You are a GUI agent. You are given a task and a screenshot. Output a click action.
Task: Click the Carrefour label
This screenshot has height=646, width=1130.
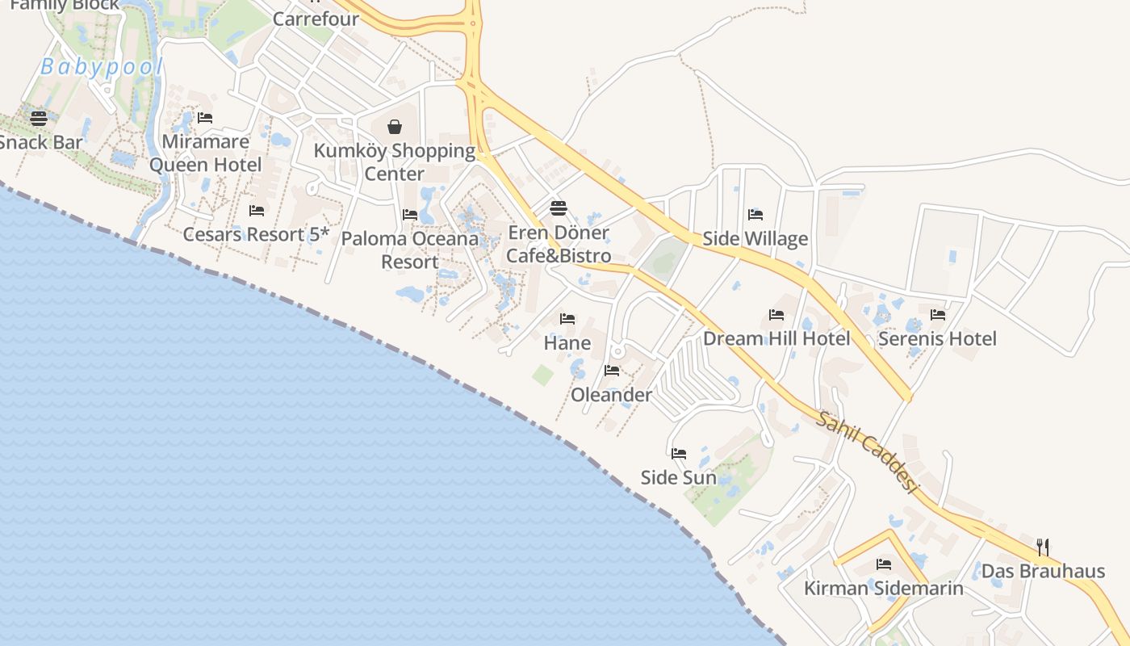pyautogui.click(x=316, y=18)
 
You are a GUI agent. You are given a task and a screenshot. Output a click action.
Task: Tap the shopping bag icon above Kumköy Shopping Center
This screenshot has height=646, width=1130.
pyautogui.click(x=395, y=126)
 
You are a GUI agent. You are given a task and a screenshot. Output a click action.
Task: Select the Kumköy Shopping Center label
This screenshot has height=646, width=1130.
pyautogui.click(x=395, y=161)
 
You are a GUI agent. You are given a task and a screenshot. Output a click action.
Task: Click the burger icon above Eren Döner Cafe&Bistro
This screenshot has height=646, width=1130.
pyautogui.click(x=558, y=208)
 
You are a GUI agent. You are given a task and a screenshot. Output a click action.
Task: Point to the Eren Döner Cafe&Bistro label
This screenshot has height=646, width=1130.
pyautogui.click(x=558, y=244)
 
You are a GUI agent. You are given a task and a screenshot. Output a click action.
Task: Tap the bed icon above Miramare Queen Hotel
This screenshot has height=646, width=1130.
pyautogui.click(x=205, y=118)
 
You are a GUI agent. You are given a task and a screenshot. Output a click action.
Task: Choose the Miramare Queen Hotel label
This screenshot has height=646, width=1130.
pyautogui.click(x=206, y=153)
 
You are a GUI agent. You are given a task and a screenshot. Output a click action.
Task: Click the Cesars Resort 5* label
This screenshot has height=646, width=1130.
pyautogui.click(x=257, y=234)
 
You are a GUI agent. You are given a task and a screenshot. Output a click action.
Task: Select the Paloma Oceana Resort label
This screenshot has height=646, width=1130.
pyautogui.click(x=410, y=250)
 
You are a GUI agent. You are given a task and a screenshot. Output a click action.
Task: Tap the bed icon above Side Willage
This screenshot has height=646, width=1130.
pyautogui.click(x=755, y=214)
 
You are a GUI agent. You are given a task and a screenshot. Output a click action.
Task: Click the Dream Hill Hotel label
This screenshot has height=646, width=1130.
pyautogui.click(x=776, y=338)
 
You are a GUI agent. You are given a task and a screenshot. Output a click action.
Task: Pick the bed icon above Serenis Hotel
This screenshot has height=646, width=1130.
pyautogui.click(x=937, y=314)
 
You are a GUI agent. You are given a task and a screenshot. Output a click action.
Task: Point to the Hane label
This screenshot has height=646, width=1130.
pyautogui.click(x=567, y=343)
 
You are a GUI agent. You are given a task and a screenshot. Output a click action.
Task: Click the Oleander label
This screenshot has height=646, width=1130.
pyautogui.click(x=612, y=395)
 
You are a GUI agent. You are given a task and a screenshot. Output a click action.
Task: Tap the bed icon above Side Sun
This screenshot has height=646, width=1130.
pyautogui.click(x=679, y=453)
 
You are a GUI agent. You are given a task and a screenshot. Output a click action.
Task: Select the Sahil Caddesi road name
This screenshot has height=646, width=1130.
pyautogui.click(x=868, y=453)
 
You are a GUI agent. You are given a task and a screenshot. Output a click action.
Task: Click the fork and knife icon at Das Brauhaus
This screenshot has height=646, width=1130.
pyautogui.click(x=1043, y=547)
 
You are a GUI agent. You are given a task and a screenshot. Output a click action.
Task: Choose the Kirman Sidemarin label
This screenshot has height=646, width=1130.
pyautogui.click(x=884, y=588)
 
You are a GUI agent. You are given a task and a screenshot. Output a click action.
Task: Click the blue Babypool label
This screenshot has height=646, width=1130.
pyautogui.click(x=102, y=67)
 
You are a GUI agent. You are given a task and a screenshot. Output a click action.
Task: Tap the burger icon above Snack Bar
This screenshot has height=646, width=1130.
pyautogui.click(x=39, y=119)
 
